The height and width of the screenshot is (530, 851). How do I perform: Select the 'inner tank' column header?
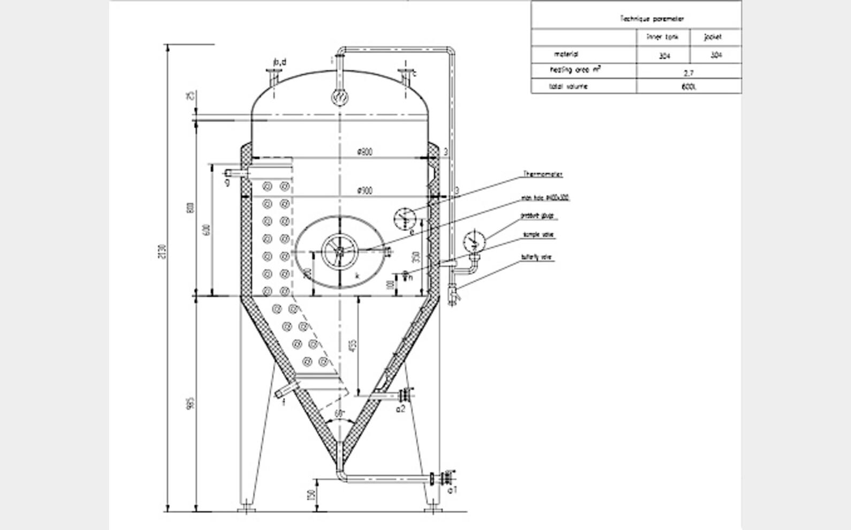pos(663,37)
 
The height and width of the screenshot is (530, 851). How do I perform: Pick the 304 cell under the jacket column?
pos(716,55)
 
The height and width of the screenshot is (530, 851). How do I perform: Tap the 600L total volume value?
pos(689,87)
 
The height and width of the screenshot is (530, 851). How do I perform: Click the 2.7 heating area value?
pos(689,72)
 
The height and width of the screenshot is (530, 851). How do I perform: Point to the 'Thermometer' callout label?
pos(543,174)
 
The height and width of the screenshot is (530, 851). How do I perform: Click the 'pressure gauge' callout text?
pos(537,216)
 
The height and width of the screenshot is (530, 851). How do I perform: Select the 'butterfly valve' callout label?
pos(536,258)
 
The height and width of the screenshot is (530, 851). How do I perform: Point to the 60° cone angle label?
pos(339,413)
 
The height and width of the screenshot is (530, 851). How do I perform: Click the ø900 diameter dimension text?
pos(365,191)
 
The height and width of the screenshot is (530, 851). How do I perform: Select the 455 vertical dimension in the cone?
pos(352,346)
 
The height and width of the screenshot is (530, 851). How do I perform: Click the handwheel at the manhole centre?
pos(339,251)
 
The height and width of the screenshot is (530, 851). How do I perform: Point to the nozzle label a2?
pos(400,409)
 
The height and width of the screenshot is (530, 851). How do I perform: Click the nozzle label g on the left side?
pos(227,183)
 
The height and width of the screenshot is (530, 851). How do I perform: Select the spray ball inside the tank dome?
pos(339,98)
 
